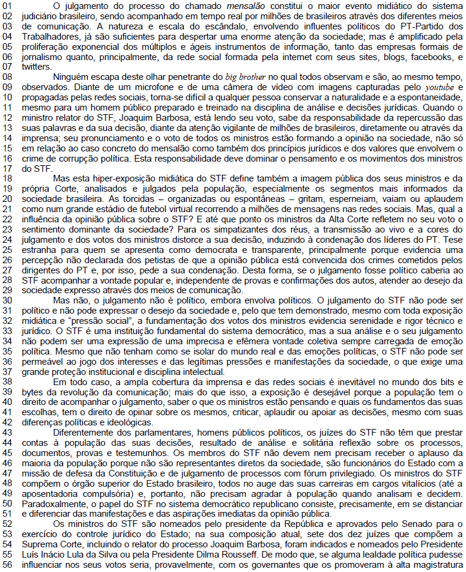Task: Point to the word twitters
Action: click(35, 67)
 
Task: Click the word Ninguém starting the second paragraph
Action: click(72, 77)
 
